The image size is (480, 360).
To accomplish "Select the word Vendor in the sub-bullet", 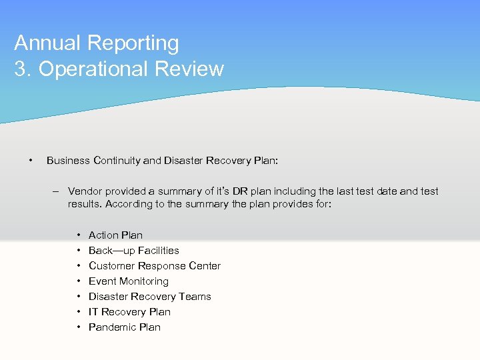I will (85, 191).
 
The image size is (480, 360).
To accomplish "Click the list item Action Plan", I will (115, 235).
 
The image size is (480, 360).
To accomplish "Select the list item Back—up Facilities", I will (133, 250).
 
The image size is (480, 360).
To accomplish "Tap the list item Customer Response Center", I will (154, 265).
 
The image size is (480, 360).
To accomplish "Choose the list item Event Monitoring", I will (128, 281).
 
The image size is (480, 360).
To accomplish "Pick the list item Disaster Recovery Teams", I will (149, 296).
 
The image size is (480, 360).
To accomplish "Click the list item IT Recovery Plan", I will (129, 311).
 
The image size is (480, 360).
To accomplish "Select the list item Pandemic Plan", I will (124, 327).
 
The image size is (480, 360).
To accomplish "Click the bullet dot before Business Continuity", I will (30, 160).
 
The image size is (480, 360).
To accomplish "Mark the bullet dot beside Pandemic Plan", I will (79, 327).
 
